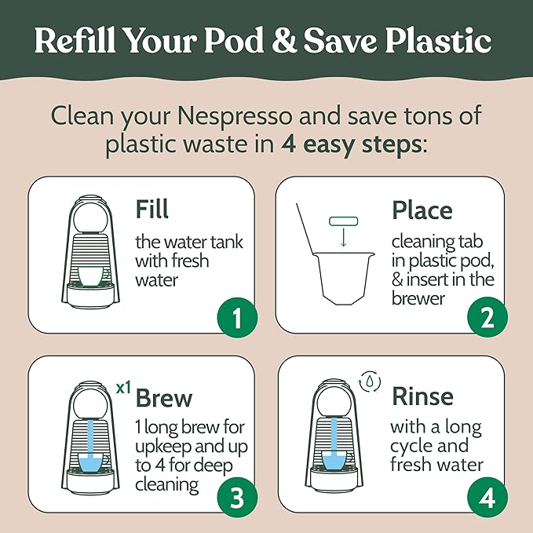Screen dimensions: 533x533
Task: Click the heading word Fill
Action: pyautogui.click(x=152, y=210)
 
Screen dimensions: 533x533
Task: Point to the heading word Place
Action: pyautogui.click(x=422, y=210)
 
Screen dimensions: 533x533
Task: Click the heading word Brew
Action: pyautogui.click(x=163, y=397)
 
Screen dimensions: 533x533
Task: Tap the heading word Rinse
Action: pyautogui.click(x=422, y=395)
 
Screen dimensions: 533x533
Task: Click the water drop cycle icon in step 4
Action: pyautogui.click(x=367, y=381)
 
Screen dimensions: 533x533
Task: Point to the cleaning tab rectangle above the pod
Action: pyautogui.click(x=342, y=222)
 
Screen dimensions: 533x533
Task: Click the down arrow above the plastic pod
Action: pyautogui.click(x=342, y=239)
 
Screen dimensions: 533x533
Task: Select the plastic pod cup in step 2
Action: pyautogui.click(x=342, y=278)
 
